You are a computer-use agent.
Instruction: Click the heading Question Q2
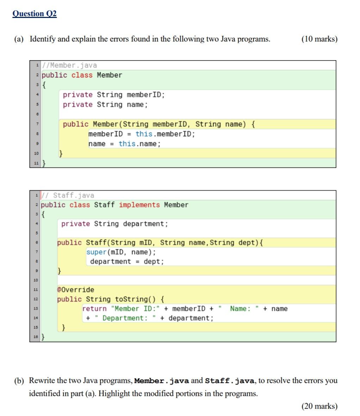(x=34, y=14)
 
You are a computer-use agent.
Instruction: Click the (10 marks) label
(x=319, y=39)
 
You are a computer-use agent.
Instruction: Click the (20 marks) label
(x=319, y=406)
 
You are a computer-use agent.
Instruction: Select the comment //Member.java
(x=69, y=65)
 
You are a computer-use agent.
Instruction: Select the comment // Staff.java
(x=68, y=195)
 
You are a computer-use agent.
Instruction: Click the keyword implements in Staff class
(x=139, y=205)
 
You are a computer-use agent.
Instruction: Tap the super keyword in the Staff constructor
(x=96, y=252)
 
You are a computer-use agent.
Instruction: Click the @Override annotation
(x=76, y=290)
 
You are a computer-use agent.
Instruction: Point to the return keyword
(x=94, y=309)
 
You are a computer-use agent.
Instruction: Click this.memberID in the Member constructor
(x=165, y=134)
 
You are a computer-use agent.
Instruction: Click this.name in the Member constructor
(x=139, y=144)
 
